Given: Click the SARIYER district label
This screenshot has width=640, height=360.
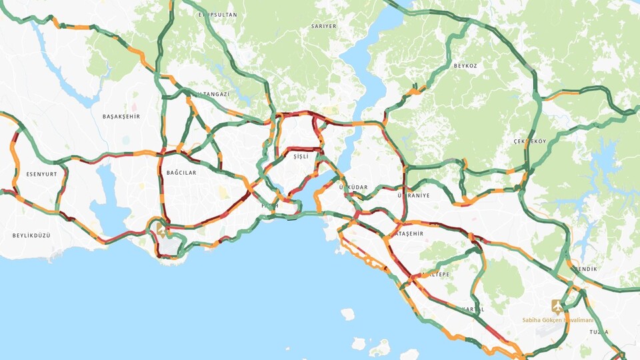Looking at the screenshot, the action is pos(324,26).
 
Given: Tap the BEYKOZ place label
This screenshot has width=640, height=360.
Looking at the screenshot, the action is pos(465,66).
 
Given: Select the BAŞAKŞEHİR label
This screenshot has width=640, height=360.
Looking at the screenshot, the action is pos(121,116).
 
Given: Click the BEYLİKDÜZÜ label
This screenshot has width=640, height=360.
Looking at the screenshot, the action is pos(31,235).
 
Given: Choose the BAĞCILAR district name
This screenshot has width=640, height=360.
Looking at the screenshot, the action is pos(181,173).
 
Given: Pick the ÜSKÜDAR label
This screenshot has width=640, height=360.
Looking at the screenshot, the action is pos(353,187).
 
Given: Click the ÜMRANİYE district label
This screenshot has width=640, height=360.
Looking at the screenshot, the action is pos(413,196).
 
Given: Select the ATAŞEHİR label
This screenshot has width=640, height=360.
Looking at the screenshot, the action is pos(409,234).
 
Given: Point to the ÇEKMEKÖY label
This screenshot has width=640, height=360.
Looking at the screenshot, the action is pos(530,141).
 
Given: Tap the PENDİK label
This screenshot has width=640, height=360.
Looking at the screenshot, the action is pos(585,269).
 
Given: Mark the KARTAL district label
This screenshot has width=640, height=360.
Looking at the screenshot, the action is pos(472,309).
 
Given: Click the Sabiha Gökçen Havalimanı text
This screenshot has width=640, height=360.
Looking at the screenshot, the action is pos(557,320).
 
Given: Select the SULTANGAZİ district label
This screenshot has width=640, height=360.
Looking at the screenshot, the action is pos(209,95).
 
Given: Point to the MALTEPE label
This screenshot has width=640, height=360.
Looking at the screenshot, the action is pos(435,274).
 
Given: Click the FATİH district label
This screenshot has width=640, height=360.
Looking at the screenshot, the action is pos(269,206).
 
